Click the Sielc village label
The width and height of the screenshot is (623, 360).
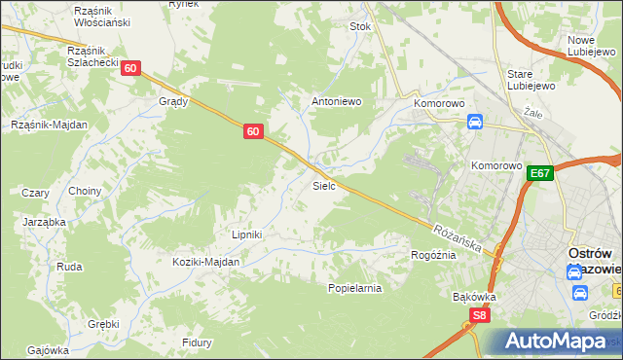[x=324, y=185]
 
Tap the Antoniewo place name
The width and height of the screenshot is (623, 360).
[x=336, y=101]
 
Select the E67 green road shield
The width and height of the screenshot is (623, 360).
[x=541, y=173]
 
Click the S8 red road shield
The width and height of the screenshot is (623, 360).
[x=478, y=315]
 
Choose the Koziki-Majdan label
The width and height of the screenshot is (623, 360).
[x=205, y=262]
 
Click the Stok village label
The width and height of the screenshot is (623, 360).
[x=361, y=27]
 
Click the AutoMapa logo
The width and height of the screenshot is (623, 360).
[x=555, y=342]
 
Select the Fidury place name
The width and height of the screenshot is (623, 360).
[x=198, y=342]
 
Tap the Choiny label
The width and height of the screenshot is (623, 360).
[x=85, y=191]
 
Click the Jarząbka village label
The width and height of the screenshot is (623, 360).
[x=44, y=222]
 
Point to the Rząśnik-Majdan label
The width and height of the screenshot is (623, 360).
[x=49, y=125]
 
